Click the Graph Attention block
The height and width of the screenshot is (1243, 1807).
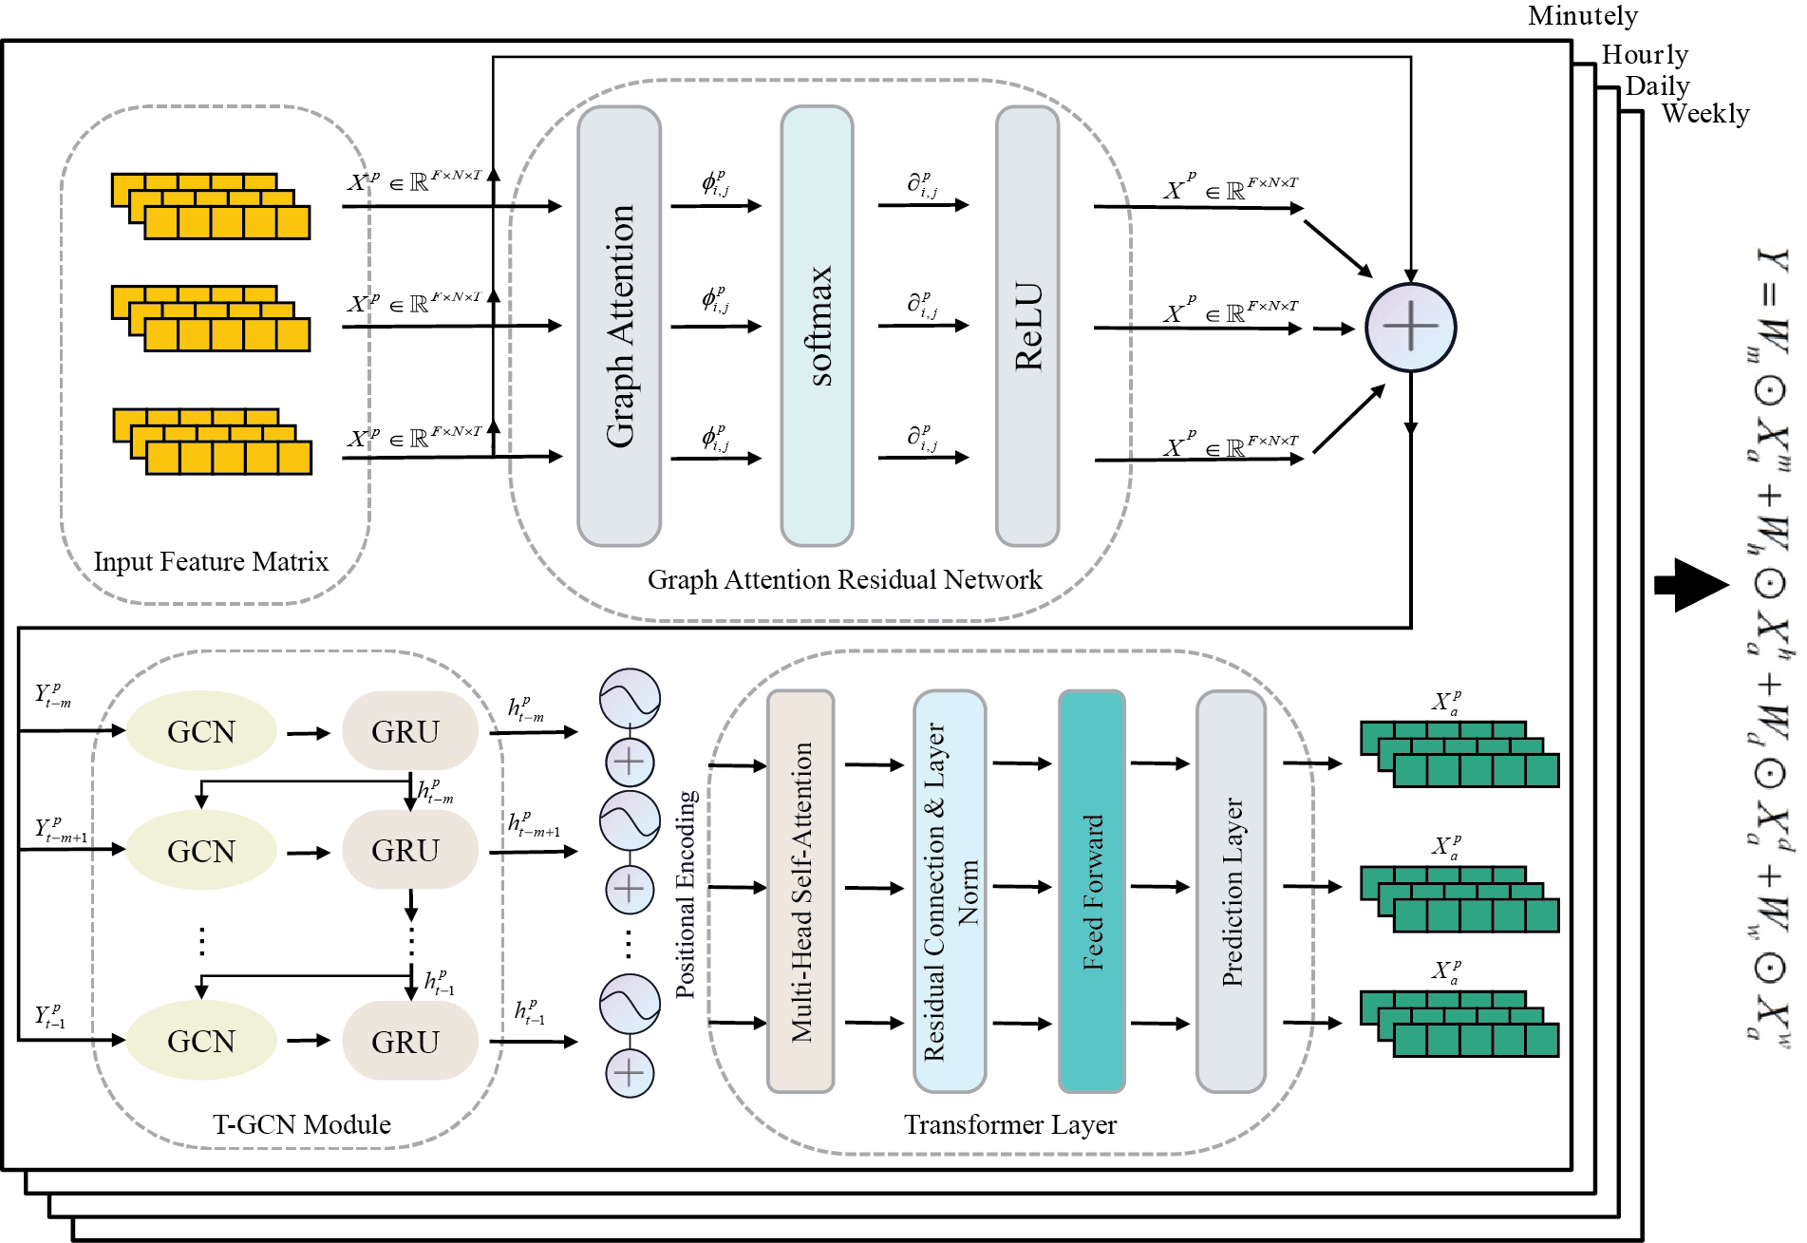tap(619, 326)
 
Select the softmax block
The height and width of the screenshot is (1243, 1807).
tap(817, 326)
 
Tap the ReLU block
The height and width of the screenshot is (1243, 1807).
tap(1026, 326)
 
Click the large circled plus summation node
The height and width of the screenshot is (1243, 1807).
tap(1410, 328)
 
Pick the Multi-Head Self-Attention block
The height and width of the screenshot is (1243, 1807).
tap(800, 891)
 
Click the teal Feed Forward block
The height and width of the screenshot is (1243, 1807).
tap(1092, 891)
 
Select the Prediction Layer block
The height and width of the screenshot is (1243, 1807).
tap(1231, 891)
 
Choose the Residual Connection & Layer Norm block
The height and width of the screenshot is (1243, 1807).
tap(950, 891)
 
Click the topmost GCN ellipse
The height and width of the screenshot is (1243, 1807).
tap(201, 731)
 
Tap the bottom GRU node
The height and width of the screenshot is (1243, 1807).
tap(409, 1042)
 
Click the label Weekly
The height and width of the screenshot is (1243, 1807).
tap(1704, 114)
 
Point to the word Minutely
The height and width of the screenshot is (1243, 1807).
tap(1582, 16)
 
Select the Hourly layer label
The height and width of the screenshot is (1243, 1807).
tap(1645, 55)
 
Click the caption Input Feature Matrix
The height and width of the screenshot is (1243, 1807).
tap(211, 562)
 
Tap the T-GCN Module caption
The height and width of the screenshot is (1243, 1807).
tap(302, 1124)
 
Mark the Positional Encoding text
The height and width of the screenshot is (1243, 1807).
tap(686, 894)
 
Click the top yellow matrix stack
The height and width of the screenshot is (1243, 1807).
tap(211, 206)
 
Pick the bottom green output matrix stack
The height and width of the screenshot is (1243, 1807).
tap(1459, 1024)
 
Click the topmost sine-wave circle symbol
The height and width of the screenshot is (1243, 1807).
tap(630, 698)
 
